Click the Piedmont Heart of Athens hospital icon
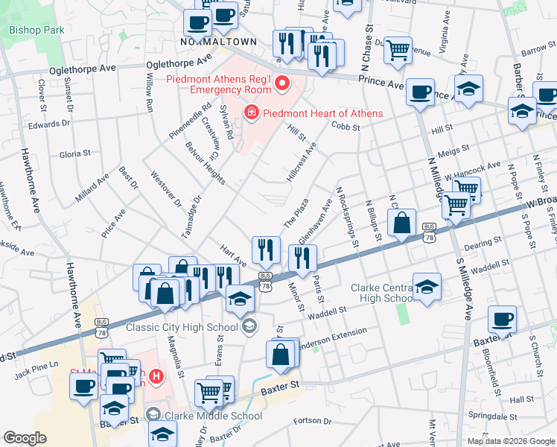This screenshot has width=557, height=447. pos(251,113)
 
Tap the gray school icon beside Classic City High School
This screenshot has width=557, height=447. pos(249,326)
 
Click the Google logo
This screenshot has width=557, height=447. pos(25,437)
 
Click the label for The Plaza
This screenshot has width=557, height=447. pos(296,214)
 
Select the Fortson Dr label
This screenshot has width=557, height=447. pos(311,422)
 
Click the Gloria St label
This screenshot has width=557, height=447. pos(74,153)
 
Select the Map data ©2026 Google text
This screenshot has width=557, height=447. pos(510,441)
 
